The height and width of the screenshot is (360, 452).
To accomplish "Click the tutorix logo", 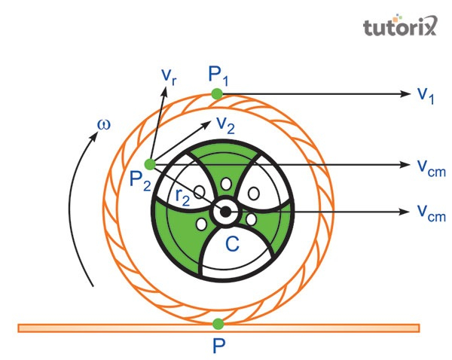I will point(399,28).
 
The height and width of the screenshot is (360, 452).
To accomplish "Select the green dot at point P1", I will point(217,94).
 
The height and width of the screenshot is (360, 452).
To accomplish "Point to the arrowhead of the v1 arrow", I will point(405,94).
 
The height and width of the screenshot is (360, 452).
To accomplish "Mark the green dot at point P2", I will point(150,164).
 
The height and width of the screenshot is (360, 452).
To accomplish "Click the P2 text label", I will point(140,182).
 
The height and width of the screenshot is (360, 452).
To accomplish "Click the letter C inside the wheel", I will point(233,243).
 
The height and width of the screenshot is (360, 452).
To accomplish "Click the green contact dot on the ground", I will point(218,324).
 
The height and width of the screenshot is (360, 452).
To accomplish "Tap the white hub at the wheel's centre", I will point(224,212).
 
